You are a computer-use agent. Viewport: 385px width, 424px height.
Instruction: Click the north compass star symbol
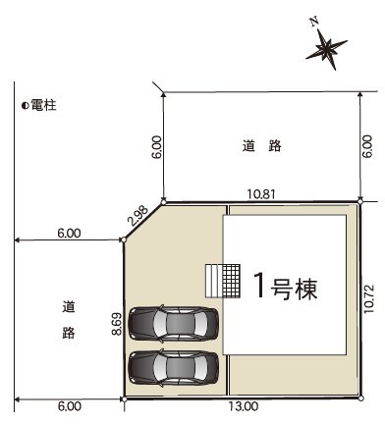point(326,50)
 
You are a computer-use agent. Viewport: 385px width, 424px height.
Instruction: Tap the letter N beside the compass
point(314,22)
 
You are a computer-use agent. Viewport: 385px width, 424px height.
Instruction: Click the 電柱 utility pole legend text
point(43,105)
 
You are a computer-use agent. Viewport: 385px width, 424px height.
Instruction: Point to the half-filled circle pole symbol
point(25,106)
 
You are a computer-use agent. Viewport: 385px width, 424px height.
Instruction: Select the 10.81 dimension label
point(260,194)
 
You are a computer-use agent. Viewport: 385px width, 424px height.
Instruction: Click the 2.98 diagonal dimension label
point(137,216)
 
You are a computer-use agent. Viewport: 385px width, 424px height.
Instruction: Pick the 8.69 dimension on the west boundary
point(117,324)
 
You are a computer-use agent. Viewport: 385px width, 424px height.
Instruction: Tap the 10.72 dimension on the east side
point(368,298)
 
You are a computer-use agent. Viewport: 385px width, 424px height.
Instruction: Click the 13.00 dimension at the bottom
point(244,406)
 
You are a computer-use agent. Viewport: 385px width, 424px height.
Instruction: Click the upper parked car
point(173,324)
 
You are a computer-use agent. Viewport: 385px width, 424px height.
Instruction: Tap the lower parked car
point(173,368)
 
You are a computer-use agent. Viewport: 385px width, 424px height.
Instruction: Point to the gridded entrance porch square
point(231,281)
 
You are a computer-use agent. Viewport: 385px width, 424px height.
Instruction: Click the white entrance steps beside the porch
point(214,281)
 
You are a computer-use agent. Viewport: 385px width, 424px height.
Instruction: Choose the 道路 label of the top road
point(261,146)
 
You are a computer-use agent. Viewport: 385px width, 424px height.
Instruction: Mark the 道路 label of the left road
point(69,320)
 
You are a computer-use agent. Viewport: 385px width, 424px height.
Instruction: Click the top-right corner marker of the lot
point(360,201)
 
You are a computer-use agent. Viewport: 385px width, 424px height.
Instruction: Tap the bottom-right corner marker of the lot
point(360,398)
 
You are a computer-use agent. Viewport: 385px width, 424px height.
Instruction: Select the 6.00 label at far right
point(368,146)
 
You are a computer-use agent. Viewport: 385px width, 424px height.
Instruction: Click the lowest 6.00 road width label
point(70,406)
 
